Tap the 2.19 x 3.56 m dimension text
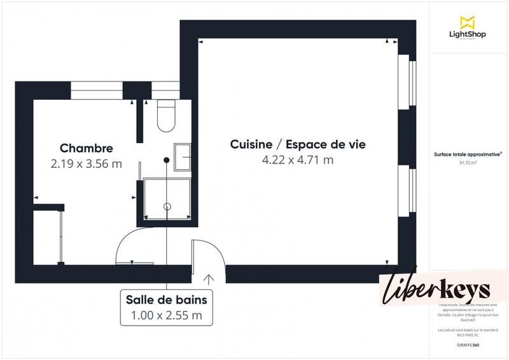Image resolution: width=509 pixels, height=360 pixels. (86, 163)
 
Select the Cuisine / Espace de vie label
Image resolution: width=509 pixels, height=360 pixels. (298, 144)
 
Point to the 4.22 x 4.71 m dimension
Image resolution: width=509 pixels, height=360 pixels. (298, 160)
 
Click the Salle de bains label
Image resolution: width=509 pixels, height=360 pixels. (166, 300)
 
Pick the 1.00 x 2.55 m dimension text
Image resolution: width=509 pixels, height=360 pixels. (166, 314)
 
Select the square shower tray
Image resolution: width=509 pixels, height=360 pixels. (167, 200)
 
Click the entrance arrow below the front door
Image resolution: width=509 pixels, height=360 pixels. (208, 278)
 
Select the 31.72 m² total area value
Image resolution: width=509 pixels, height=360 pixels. (468, 162)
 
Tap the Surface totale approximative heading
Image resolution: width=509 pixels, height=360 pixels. (468, 154)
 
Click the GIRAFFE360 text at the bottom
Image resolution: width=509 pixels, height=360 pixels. (468, 344)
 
